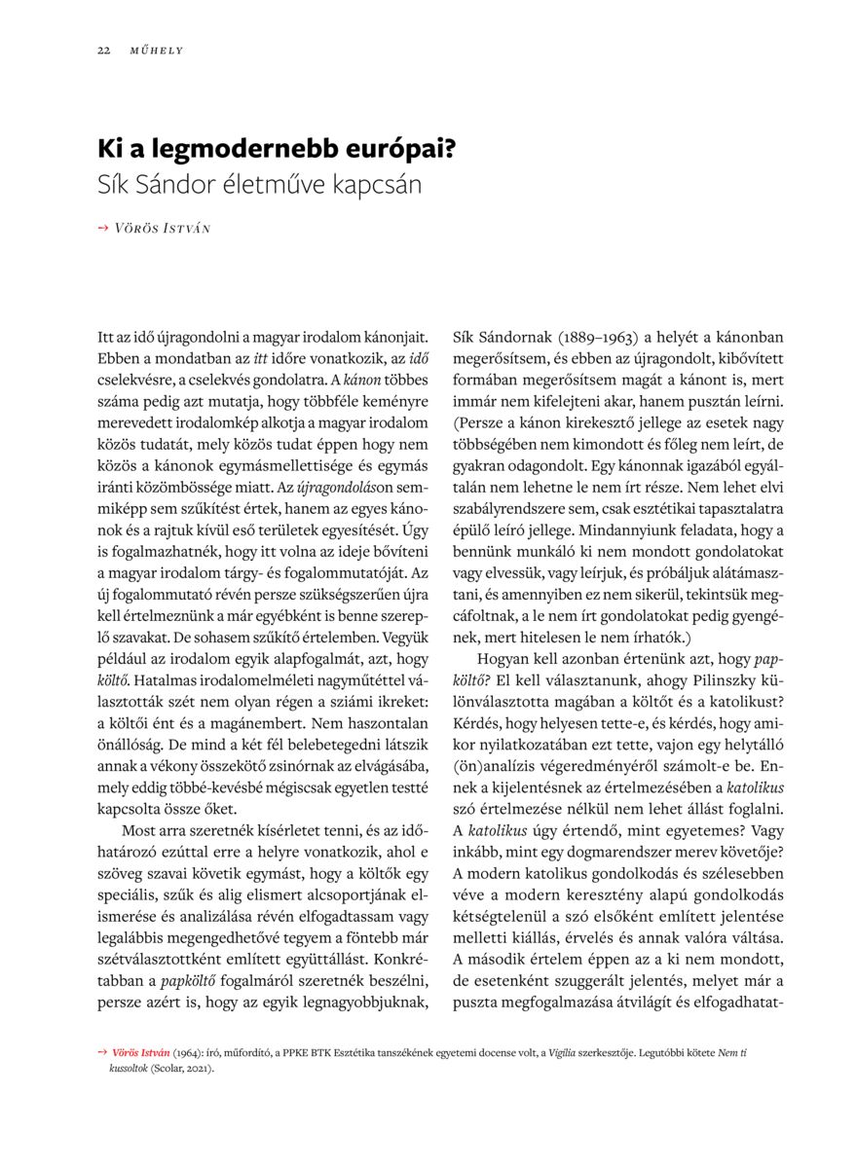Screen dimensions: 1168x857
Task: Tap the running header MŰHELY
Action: coord(157,50)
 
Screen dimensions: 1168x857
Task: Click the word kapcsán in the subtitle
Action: coord(380,184)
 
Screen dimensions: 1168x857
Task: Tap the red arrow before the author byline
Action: coord(103,228)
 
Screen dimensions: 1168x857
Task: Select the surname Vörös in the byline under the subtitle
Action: coord(136,228)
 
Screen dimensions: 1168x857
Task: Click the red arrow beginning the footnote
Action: coord(102,1053)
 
